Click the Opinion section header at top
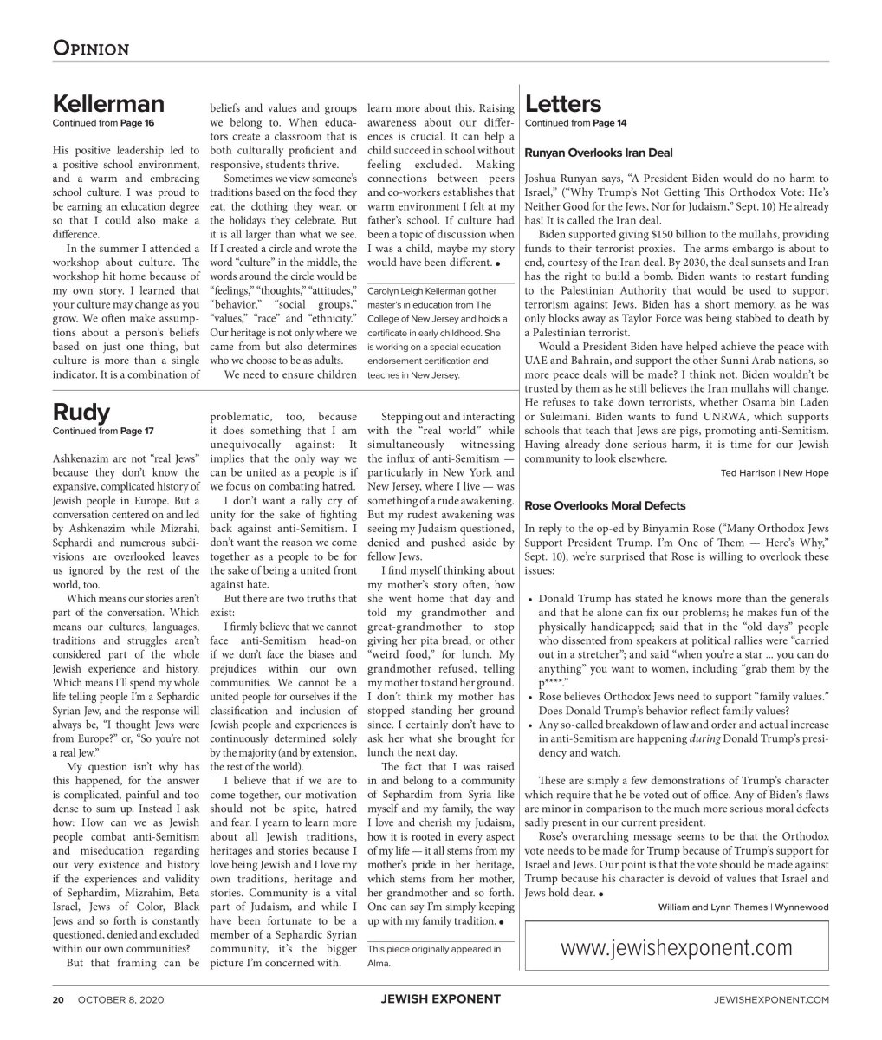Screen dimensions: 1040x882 pos(91,48)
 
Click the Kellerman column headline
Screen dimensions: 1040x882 pos(108,105)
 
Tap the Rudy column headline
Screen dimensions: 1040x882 pos(81,411)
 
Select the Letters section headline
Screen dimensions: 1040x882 pos(562,105)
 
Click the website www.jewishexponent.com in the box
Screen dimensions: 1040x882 pos(676,948)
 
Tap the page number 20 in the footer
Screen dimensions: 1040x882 pos(59,999)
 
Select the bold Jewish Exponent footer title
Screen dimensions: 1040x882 pos(440,999)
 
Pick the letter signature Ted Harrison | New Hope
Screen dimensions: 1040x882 pos(774,473)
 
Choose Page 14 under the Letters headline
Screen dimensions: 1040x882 pos(609,123)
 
